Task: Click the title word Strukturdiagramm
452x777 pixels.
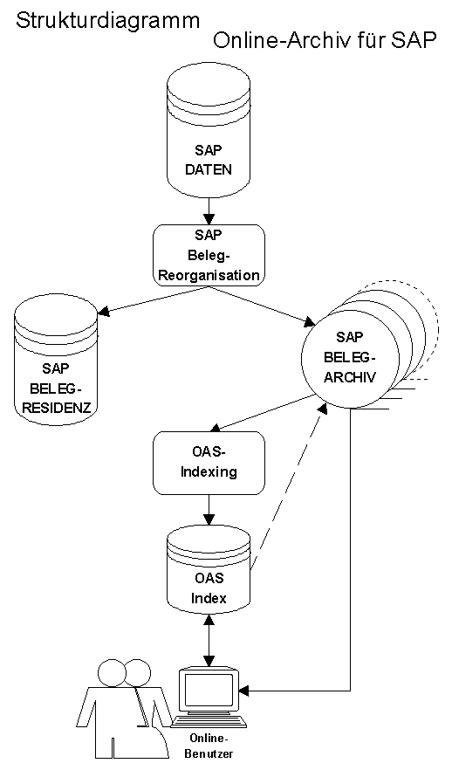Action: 107,21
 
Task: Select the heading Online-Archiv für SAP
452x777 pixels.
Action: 325,43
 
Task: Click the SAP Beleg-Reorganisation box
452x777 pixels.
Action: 209,255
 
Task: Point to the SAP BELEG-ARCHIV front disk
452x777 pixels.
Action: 349,357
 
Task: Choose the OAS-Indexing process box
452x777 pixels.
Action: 209,462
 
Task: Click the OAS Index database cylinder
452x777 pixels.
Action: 209,576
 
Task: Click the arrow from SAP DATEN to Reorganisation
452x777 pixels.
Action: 209,210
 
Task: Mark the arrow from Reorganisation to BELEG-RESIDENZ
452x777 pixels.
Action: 148,299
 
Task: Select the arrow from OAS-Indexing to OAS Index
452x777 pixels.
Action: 209,508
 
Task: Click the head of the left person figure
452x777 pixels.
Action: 113,672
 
